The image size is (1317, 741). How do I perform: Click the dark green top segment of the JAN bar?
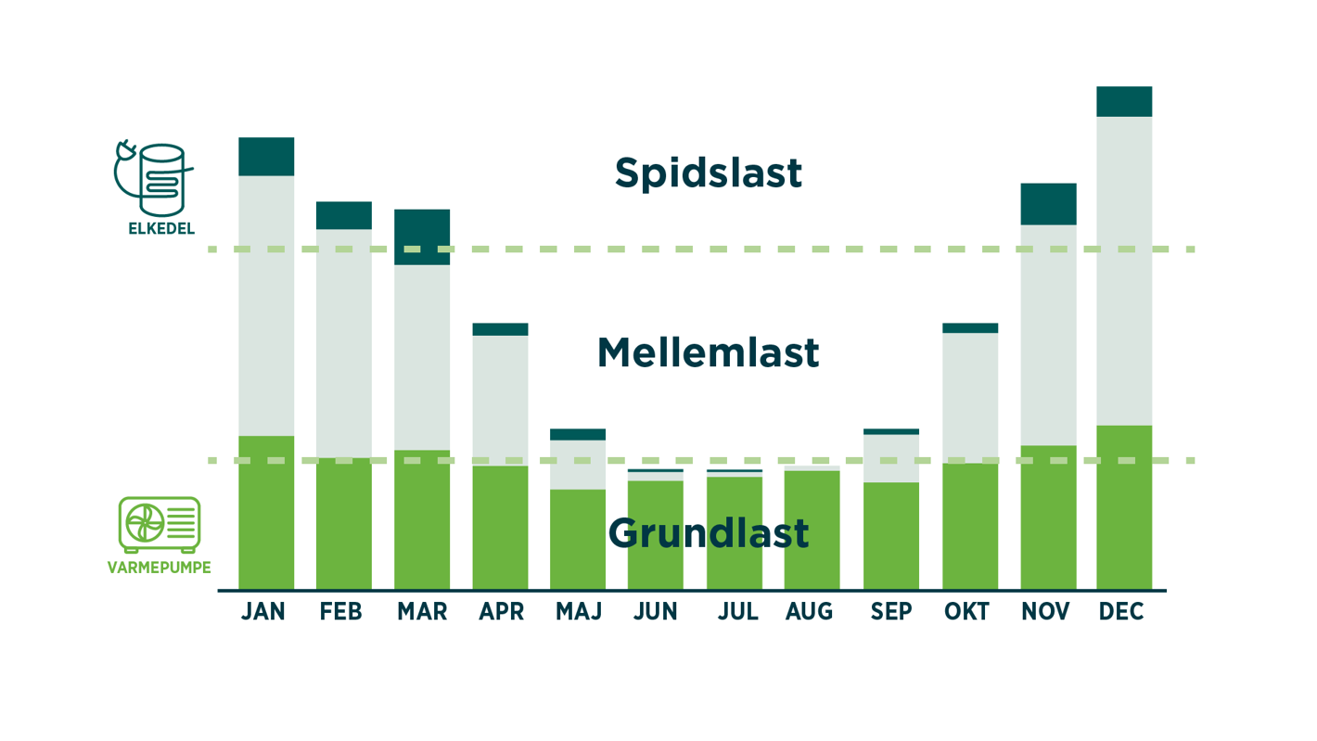tap(266, 157)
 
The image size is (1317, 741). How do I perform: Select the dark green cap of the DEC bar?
tap(1124, 101)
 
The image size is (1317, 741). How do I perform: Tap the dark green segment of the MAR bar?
tap(422, 236)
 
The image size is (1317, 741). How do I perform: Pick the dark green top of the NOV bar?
tap(1048, 204)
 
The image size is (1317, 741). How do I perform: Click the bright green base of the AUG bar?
tap(812, 529)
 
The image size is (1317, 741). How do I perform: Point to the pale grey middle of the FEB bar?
tap(344, 343)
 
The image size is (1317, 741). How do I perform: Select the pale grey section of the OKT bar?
tap(970, 397)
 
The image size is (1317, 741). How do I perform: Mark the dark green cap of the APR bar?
tap(500, 329)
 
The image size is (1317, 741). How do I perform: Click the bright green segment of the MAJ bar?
tap(578, 539)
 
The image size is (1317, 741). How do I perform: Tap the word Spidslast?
tap(708, 173)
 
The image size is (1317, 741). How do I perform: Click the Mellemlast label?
tap(708, 353)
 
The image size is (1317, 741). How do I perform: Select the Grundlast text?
tap(708, 533)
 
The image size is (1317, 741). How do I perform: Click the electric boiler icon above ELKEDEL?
tap(156, 178)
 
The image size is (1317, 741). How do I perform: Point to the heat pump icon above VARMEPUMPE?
tap(160, 524)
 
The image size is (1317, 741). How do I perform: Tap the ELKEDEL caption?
tap(161, 228)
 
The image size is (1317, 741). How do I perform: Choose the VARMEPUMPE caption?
tap(160, 568)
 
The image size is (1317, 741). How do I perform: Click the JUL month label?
tap(738, 612)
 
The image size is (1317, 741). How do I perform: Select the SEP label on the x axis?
tap(891, 612)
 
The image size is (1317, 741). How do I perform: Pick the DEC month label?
tap(1121, 612)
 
